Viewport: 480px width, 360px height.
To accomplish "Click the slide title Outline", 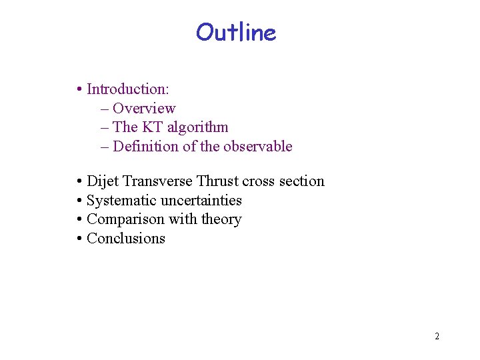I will pyautogui.click(x=236, y=32).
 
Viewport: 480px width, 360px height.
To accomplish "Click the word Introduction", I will pyautogui.click(x=127, y=89).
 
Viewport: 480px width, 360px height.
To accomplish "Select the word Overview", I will pyautogui.click(x=144, y=108).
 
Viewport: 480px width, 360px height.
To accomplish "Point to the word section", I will pyautogui.click(x=301, y=181).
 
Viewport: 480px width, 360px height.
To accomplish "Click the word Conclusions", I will pyautogui.click(x=126, y=239).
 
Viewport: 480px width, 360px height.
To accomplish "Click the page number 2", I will pyautogui.click(x=437, y=336).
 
